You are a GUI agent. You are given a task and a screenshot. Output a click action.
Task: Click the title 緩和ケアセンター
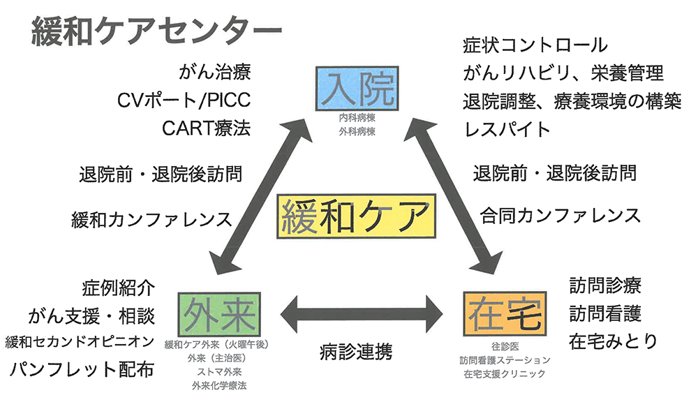pyautogui.click(x=156, y=31)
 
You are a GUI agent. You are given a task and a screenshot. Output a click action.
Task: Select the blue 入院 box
pyautogui.click(x=357, y=88)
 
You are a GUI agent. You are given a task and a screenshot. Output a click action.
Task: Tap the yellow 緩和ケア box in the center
pyautogui.click(x=356, y=216)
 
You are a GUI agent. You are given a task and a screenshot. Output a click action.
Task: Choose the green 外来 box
pyautogui.click(x=219, y=314)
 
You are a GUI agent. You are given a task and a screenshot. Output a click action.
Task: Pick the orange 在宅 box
pyautogui.click(x=505, y=313)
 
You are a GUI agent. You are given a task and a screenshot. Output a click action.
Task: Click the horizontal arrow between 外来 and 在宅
pyautogui.click(x=362, y=313)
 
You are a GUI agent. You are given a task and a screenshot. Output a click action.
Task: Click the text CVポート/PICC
pyautogui.click(x=184, y=100)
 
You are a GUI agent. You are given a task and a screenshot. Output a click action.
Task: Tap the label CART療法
pyautogui.click(x=206, y=128)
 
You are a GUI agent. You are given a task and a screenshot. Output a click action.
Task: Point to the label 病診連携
pyautogui.click(x=356, y=352)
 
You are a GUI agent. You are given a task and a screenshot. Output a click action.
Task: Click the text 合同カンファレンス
pyautogui.click(x=560, y=216)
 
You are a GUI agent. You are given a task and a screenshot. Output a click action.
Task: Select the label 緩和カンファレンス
pyautogui.click(x=151, y=219)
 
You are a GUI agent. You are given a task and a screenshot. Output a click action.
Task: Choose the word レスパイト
pyautogui.click(x=507, y=129)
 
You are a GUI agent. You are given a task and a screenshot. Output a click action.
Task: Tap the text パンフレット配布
pyautogui.click(x=82, y=369)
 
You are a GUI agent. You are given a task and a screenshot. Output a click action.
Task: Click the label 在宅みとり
pyautogui.click(x=613, y=341)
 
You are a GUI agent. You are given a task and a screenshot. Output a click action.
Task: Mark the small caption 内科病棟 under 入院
pyautogui.click(x=357, y=118)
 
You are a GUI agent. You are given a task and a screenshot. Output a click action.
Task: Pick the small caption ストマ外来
pyautogui.click(x=219, y=372)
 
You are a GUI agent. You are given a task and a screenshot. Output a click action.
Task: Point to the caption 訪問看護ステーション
pyautogui.click(x=505, y=359)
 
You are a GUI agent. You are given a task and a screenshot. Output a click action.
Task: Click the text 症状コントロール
pyautogui.click(x=535, y=45)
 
